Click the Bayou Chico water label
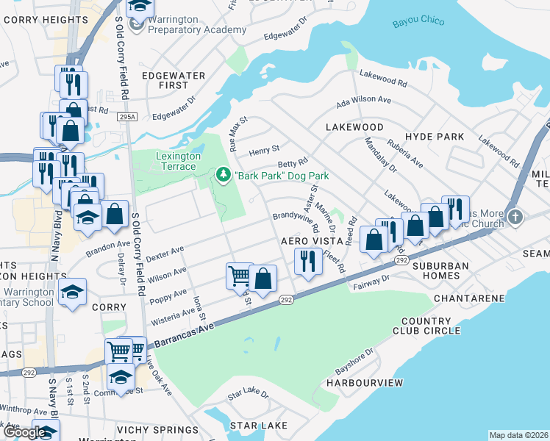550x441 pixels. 418,21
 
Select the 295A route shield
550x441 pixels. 127,116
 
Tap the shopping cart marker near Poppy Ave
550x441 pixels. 239,276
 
